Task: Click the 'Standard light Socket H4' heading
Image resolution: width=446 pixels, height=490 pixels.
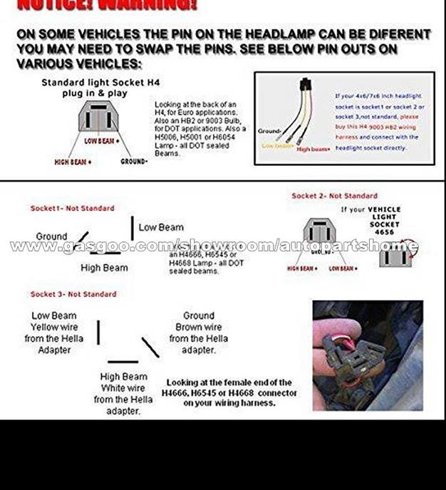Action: point(100,83)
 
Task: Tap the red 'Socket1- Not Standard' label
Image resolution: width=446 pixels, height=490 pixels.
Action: point(72,209)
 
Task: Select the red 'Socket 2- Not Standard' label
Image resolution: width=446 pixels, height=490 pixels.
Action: point(334,196)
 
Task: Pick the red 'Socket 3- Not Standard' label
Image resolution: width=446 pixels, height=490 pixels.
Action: point(73,294)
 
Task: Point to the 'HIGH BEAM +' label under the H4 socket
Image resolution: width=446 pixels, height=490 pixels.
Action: point(73,162)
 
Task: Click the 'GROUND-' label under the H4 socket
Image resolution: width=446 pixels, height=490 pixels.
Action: point(134,162)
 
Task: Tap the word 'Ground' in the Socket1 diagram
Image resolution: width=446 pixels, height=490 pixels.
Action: point(51,236)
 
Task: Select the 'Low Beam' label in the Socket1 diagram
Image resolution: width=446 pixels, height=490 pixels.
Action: point(161,227)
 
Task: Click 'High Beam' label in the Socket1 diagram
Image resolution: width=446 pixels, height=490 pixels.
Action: point(104,268)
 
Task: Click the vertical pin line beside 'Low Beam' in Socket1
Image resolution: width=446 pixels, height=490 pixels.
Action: point(132,228)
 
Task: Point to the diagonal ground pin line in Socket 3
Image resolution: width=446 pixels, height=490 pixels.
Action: point(150,348)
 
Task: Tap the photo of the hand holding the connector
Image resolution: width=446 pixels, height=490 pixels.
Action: point(367,355)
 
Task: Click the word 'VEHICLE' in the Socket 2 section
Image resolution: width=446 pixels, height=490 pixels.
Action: point(384,209)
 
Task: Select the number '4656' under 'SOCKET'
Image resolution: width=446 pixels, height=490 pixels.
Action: point(384,232)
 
